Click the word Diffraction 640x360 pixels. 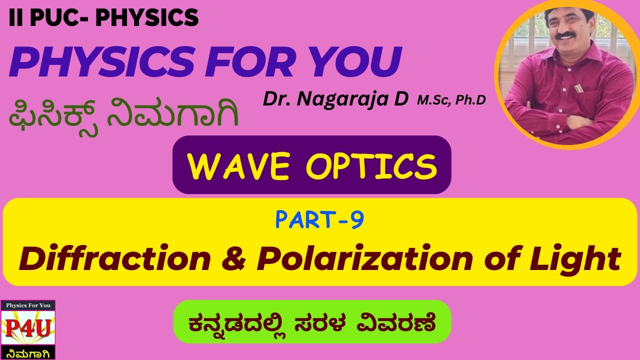[x=115, y=259]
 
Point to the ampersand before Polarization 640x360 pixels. [x=234, y=259]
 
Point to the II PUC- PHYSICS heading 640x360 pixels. [x=103, y=18]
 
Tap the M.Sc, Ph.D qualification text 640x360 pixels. [x=451, y=100]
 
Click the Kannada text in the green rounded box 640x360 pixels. [x=311, y=322]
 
